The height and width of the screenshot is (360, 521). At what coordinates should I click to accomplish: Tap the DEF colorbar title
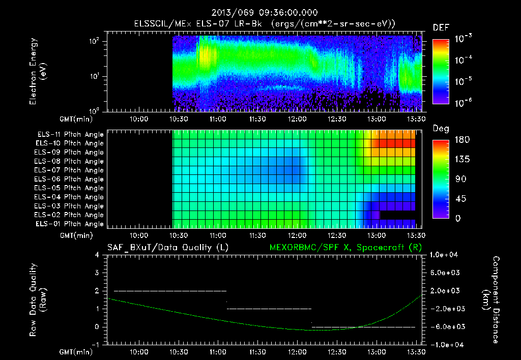click(x=441, y=27)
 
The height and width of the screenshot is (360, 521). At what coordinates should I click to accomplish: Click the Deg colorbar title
click(x=441, y=129)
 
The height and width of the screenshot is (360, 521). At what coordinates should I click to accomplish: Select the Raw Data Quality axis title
click(x=39, y=300)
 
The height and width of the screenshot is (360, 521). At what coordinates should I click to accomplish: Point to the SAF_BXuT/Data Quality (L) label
click(x=167, y=248)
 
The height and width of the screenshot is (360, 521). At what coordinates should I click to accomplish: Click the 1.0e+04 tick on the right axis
click(x=445, y=255)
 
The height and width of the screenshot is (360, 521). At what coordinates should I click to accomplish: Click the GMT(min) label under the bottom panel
click(x=75, y=351)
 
